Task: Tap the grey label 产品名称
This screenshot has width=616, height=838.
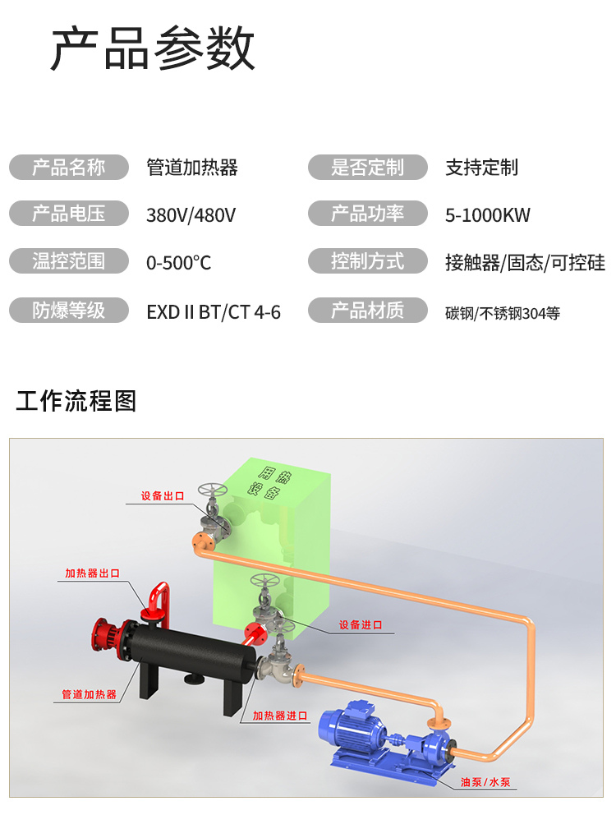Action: click(x=69, y=168)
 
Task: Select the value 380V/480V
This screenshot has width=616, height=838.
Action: click(x=191, y=215)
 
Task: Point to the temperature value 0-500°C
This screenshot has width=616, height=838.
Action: click(x=178, y=263)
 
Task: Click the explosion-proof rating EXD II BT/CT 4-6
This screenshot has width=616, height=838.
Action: click(x=214, y=311)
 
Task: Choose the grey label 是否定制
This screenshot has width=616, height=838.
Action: click(x=368, y=168)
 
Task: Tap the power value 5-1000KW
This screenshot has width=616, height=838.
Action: click(x=488, y=215)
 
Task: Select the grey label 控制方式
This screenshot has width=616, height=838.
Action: click(x=368, y=262)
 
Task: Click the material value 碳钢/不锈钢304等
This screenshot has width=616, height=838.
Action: click(x=503, y=312)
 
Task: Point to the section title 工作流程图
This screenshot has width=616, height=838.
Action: click(x=76, y=401)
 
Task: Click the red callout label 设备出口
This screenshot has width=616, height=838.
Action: click(x=162, y=496)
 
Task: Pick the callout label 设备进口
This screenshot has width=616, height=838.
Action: click(x=361, y=624)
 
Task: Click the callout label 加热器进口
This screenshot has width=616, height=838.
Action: click(x=280, y=716)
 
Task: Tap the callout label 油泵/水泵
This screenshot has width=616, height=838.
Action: click(x=485, y=781)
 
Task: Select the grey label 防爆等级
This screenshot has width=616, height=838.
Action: click(x=69, y=311)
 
